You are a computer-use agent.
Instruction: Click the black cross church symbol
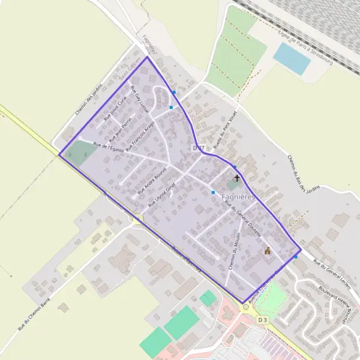tap(237, 178)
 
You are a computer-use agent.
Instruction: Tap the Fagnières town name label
tap(239, 196)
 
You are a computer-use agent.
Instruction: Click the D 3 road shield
tap(261, 320)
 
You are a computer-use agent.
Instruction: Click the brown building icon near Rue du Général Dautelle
tap(267, 251)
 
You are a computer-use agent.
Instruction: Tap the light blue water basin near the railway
tap(292, 58)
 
